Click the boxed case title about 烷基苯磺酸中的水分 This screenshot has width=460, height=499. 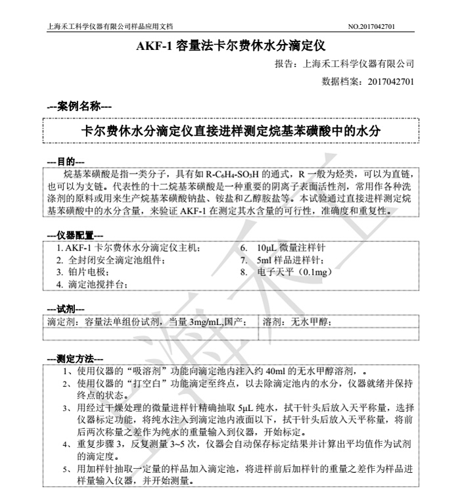[x=230, y=131]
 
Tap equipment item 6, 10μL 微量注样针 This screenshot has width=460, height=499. [x=291, y=248]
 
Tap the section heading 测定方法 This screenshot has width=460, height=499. [x=75, y=359]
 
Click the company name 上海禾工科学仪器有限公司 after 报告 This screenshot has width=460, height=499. [x=358, y=64]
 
